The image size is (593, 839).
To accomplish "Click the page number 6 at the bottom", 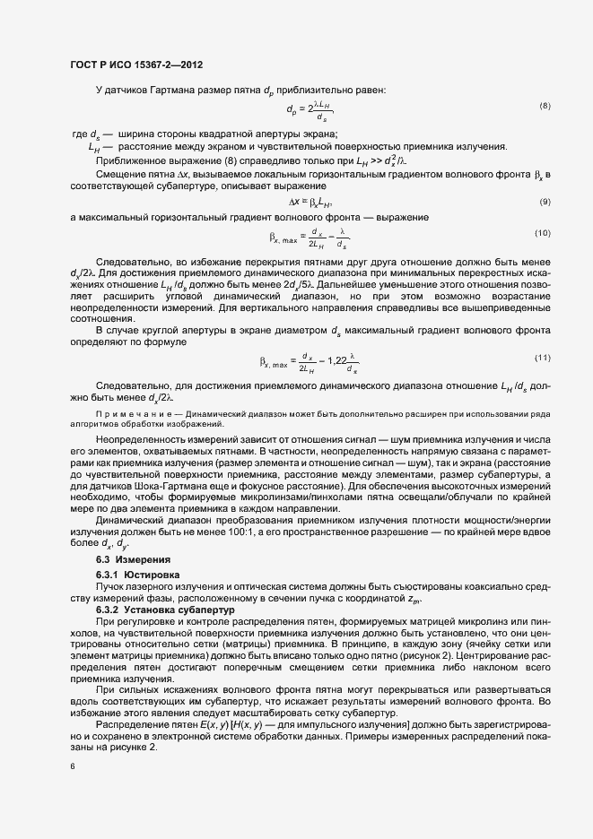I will coord(73,766).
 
